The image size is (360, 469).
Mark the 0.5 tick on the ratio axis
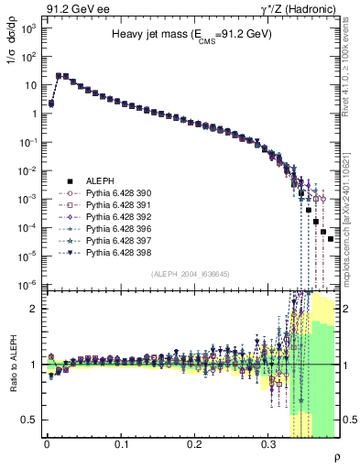31,420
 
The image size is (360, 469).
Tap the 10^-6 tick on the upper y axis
28,284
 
